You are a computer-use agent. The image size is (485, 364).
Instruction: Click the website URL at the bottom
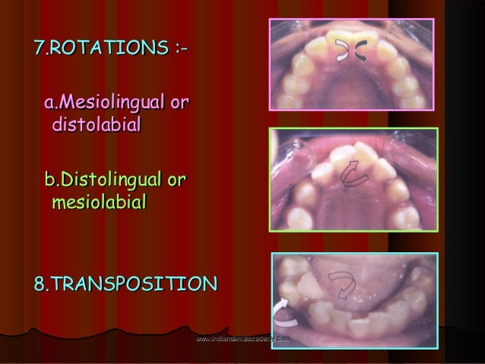tap(242, 336)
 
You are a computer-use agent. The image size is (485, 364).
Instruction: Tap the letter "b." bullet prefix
tap(51, 181)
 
